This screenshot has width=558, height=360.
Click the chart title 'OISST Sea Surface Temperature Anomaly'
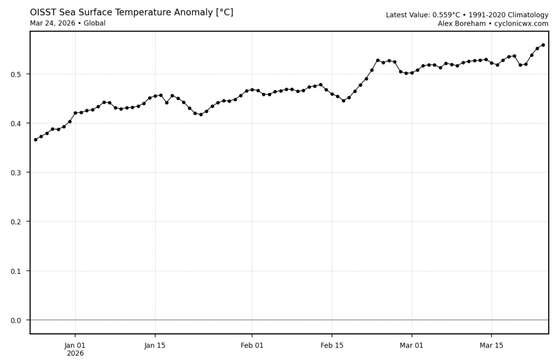click(131, 12)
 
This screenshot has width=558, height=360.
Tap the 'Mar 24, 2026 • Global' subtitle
click(68, 23)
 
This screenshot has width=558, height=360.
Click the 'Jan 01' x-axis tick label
click(75, 345)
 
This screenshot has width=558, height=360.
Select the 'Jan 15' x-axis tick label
click(155, 345)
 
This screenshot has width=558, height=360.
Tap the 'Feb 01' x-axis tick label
click(252, 345)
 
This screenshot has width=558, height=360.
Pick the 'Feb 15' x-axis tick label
click(332, 345)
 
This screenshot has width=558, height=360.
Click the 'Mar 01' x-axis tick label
click(411, 345)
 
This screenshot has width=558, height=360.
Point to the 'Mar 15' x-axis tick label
click(492, 345)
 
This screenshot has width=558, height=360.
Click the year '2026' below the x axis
click(75, 353)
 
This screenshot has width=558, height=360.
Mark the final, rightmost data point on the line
click(543, 45)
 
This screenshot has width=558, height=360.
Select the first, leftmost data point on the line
click(35, 139)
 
